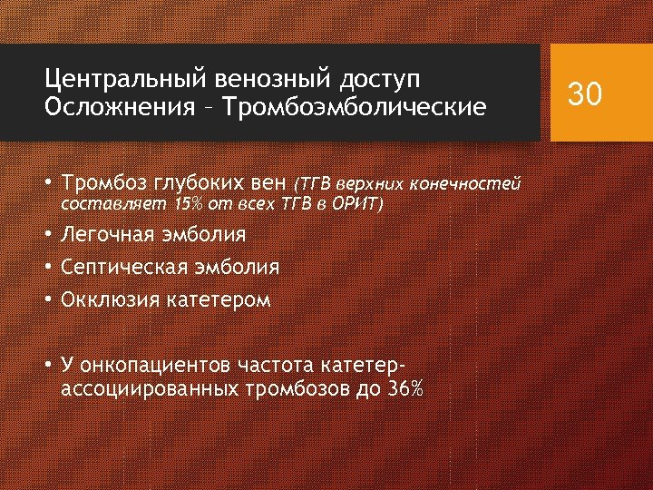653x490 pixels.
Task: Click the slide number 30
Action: tap(584, 93)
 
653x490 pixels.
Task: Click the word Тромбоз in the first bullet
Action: tap(102, 184)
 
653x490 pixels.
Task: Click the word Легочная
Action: tap(109, 235)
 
